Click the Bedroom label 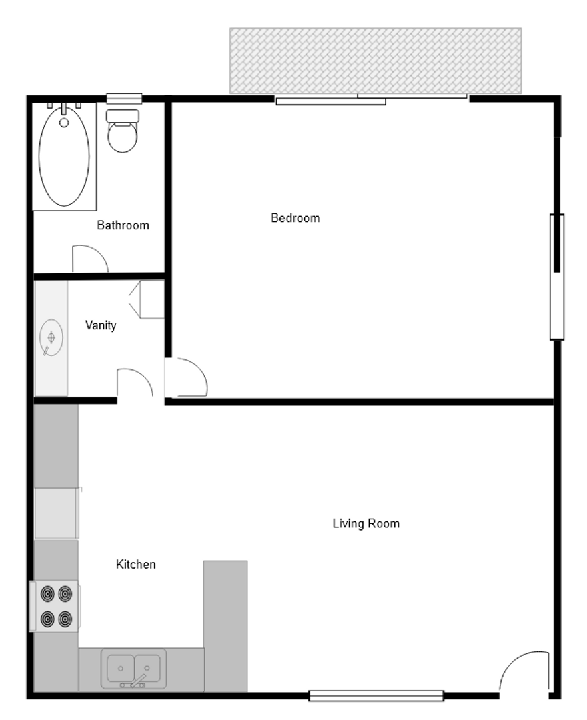(x=296, y=217)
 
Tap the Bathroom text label (x=123, y=225)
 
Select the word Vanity (x=101, y=325)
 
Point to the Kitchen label (x=135, y=565)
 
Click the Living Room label (x=366, y=523)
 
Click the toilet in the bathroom (x=122, y=131)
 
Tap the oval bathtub (x=64, y=156)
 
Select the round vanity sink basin (x=51, y=337)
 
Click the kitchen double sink (x=133, y=668)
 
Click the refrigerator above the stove (x=57, y=513)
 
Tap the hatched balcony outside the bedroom (x=376, y=61)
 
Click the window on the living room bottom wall (x=376, y=695)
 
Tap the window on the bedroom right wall (x=557, y=277)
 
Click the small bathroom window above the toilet (x=124, y=98)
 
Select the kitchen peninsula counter (x=225, y=626)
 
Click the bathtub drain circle (x=64, y=123)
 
